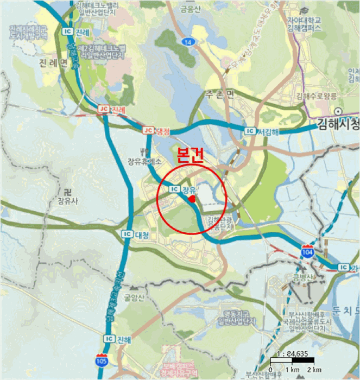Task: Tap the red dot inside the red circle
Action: tap(192, 200)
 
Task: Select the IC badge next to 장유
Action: tap(174, 189)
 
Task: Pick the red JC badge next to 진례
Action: tap(103, 109)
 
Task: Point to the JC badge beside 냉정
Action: tap(148, 131)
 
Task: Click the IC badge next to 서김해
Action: tap(250, 131)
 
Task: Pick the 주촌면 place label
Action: tap(219, 94)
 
